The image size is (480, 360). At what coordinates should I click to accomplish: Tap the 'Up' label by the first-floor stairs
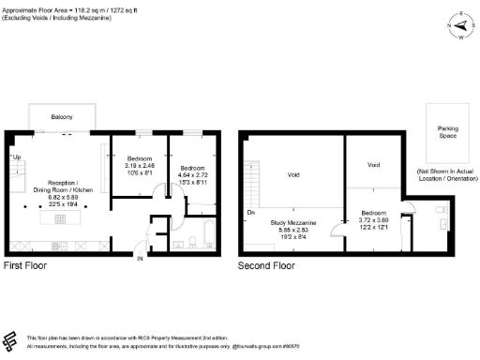[x=16, y=157]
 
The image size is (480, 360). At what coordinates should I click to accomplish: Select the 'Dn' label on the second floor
[x=250, y=212]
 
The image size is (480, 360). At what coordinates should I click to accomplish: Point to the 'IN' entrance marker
[x=140, y=258]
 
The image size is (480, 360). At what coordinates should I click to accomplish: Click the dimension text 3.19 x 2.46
[x=140, y=165]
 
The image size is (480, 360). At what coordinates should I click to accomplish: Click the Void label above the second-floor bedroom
[x=373, y=165]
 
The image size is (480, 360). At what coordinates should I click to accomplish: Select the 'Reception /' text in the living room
[x=56, y=184]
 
